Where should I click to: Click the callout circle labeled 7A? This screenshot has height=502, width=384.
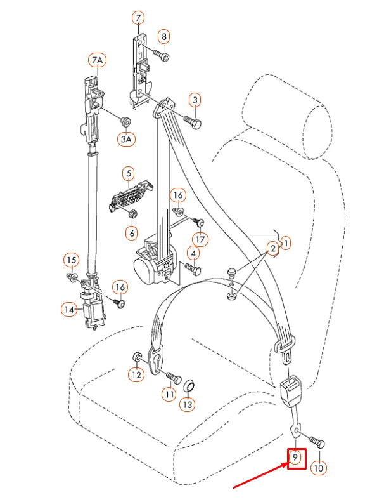pos(96,61)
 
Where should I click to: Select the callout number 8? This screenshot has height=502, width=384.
pos(163,37)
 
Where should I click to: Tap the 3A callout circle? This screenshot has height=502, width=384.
pos(125,138)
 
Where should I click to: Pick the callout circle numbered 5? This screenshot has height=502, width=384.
pos(128,173)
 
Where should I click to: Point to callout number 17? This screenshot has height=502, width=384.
pos(201,239)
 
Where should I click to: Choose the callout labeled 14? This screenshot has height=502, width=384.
pos(69,309)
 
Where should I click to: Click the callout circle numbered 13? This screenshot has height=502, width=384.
pos(187,403)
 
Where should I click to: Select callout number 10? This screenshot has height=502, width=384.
pos(318,468)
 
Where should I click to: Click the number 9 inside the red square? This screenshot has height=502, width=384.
pos(296,458)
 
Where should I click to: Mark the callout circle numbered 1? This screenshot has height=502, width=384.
pos(285,242)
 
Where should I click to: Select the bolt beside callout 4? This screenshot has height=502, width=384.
pos(193,270)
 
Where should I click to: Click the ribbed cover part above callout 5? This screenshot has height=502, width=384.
pos(131,194)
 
